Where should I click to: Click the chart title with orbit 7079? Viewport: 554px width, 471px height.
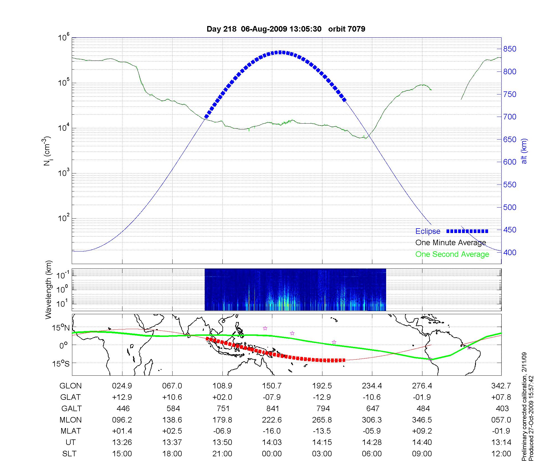click(286, 29)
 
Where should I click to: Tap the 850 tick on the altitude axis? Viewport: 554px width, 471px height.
click(510, 49)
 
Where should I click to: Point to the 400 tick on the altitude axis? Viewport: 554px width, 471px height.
click(510, 252)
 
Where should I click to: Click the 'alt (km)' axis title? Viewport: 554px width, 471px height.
click(524, 151)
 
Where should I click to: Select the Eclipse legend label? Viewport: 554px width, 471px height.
click(428, 231)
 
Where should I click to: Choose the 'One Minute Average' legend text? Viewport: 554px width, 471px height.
click(451, 243)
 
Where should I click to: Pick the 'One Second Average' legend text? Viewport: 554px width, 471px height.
click(452, 254)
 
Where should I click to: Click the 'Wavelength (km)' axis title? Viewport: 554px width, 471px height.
click(49, 290)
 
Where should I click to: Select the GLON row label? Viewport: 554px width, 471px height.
click(71, 386)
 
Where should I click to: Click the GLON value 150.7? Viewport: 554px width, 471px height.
click(272, 386)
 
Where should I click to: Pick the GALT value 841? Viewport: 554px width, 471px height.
click(273, 409)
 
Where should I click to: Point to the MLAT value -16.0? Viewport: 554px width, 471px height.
click(272, 431)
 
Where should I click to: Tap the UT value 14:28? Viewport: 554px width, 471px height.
click(372, 442)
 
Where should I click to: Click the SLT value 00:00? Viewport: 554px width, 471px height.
click(272, 454)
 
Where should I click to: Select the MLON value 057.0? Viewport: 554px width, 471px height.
click(501, 420)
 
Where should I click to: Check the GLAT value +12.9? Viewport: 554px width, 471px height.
click(122, 397)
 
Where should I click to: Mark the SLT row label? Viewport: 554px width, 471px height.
click(69, 454)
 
